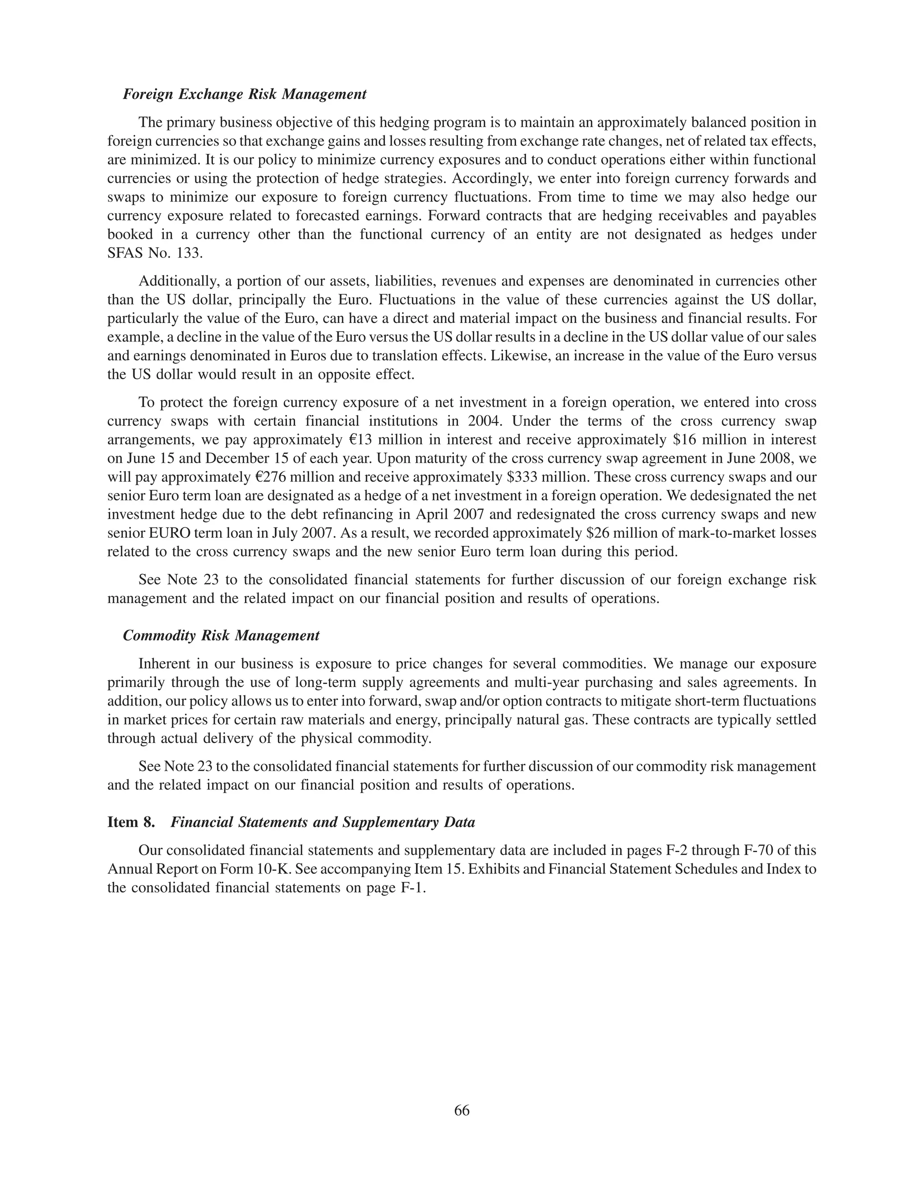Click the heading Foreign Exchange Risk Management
pyautogui.click(x=244, y=95)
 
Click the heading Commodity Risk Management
pyautogui.click(x=221, y=636)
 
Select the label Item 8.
pyautogui.click(x=131, y=822)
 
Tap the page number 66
pyautogui.click(x=462, y=1111)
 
